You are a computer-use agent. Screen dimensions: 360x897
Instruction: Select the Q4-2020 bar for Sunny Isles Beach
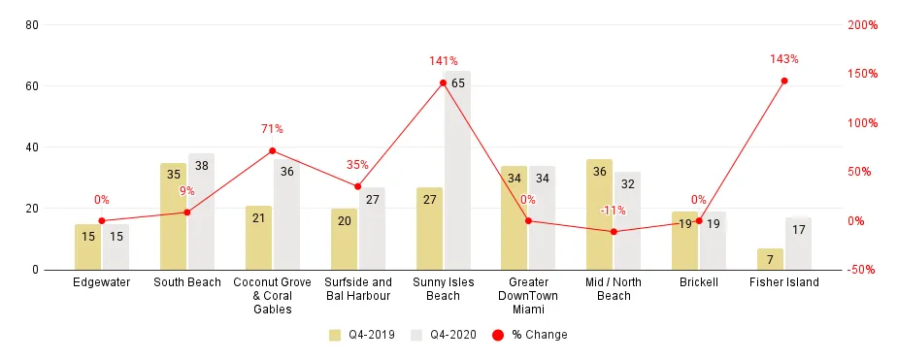[457, 170]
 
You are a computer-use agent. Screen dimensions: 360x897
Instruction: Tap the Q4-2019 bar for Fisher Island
[770, 259]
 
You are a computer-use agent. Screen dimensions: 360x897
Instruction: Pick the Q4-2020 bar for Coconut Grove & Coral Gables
[286, 214]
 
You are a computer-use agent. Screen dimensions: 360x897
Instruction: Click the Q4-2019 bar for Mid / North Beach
[599, 214]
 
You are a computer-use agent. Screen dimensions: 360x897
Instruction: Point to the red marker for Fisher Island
[784, 81]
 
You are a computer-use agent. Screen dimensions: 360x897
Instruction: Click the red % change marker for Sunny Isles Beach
[443, 82]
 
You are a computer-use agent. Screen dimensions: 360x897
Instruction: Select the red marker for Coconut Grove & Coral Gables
[272, 150]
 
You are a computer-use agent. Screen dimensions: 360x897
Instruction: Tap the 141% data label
[443, 61]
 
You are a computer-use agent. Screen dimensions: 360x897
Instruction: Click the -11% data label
[613, 211]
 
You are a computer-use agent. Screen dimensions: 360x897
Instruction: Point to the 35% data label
[357, 165]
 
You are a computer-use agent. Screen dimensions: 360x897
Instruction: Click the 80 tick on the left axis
[31, 25]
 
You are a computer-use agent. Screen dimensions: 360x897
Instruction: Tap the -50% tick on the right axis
[861, 270]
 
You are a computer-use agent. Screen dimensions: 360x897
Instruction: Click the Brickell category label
[699, 282]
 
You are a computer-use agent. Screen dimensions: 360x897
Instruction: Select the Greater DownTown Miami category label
[528, 296]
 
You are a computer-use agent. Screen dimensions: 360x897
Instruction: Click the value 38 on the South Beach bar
[201, 166]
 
